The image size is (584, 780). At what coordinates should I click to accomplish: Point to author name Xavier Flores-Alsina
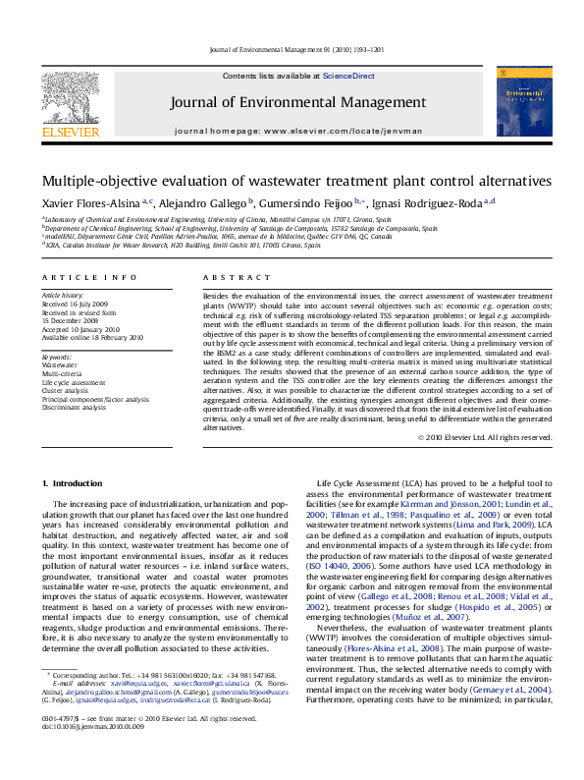tap(89, 203)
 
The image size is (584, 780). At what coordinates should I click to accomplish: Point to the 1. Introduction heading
tap(76, 484)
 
